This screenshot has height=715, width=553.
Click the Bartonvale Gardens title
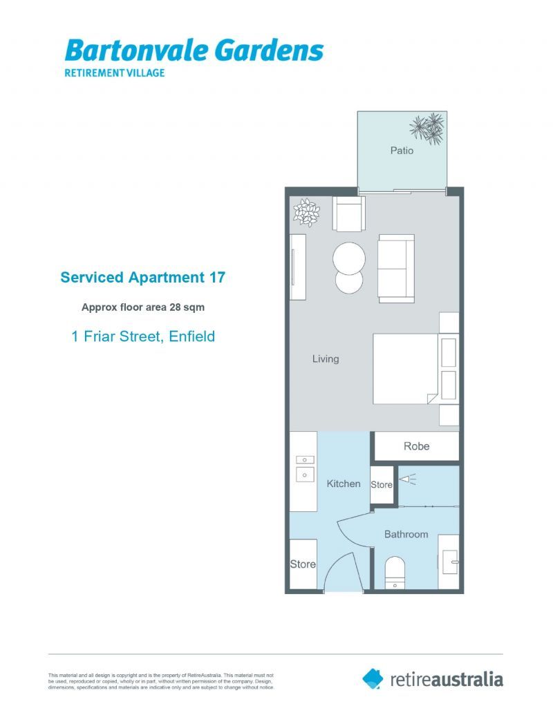pyautogui.click(x=194, y=50)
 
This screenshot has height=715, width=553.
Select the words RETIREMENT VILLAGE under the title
pyautogui.click(x=114, y=73)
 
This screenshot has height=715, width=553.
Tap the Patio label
pyautogui.click(x=402, y=150)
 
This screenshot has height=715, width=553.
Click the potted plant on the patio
pyautogui.click(x=427, y=128)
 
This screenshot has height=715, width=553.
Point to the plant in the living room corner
pyautogui.click(x=305, y=211)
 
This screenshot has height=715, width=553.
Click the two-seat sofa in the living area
pyautogui.click(x=396, y=268)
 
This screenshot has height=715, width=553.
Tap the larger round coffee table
pyautogui.click(x=349, y=259)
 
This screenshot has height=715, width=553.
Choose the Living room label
pyautogui.click(x=326, y=359)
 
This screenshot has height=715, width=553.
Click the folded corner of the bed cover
pyautogui.click(x=431, y=398)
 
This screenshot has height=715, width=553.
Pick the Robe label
pyautogui.click(x=416, y=446)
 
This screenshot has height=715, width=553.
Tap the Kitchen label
pyautogui.click(x=344, y=484)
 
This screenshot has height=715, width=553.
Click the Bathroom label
pyautogui.click(x=406, y=534)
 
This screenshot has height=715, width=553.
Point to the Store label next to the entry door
pyautogui.click(x=303, y=564)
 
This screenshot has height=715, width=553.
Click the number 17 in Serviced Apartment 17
pyautogui.click(x=216, y=278)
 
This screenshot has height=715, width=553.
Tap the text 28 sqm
pyautogui.click(x=187, y=307)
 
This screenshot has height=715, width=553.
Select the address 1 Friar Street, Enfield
pyautogui.click(x=143, y=336)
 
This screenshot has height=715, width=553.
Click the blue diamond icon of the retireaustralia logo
pyautogui.click(x=373, y=678)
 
